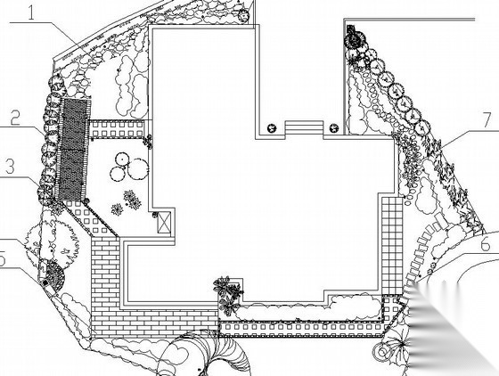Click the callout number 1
pyautogui.click(x=31, y=12)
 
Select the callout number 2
pyautogui.click(x=15, y=118)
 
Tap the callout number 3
pyautogui.click(x=10, y=167)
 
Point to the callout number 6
pyautogui.click(x=485, y=245)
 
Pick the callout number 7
pyautogui.click(x=487, y=120)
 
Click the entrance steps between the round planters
pyautogui.click(x=304, y=127)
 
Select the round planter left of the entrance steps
pyautogui.click(x=272, y=128)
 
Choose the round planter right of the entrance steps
pyautogui.click(x=334, y=128)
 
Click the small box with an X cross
pyautogui.click(x=165, y=222)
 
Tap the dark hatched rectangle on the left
pyautogui.click(x=72, y=149)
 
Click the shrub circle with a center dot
pyautogui.click(x=121, y=159)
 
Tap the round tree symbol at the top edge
pyautogui.click(x=243, y=15)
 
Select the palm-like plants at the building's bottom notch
pyautogui.click(x=227, y=295)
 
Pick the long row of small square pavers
pyautogui.click(x=301, y=327)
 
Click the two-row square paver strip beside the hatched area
pyautogui.click(x=117, y=128)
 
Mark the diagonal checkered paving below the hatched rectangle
pyautogui.click(x=90, y=218)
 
